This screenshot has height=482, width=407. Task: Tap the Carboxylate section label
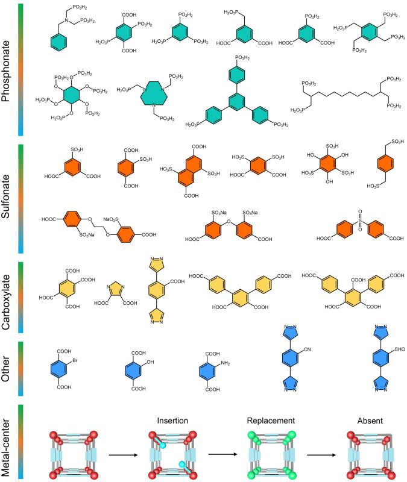(x=8, y=298)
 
